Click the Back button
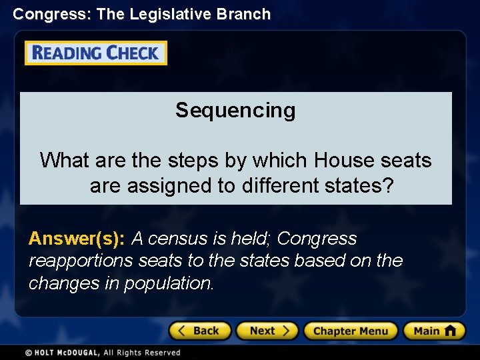pos(199,331)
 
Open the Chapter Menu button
pos(351,331)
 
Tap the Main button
pos(434,331)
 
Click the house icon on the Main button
pos(451,330)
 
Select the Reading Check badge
pos(96,53)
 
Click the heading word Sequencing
pos(235,110)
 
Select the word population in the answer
pos(172,283)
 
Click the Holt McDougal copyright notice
pos(103,352)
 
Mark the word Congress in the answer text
pos(317,238)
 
